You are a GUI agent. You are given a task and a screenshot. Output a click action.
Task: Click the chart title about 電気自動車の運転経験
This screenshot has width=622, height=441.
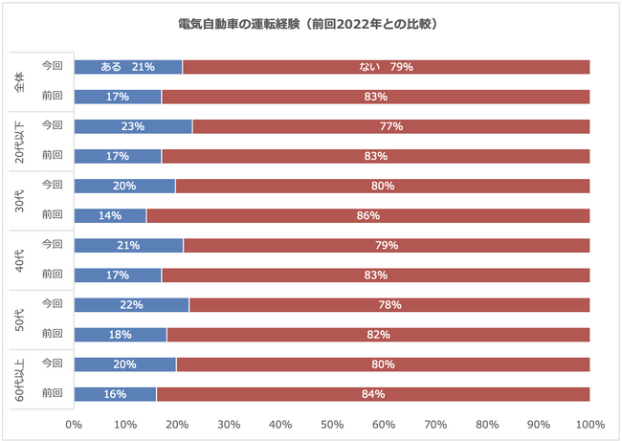(311, 22)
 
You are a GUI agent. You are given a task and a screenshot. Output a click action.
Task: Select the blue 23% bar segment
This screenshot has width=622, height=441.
(132, 126)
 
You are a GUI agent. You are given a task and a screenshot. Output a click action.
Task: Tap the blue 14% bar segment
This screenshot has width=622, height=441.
(109, 216)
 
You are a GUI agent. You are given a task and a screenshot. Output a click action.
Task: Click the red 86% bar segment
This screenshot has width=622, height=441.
(367, 216)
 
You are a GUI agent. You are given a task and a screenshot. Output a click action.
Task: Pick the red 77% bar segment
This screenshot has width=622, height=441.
(390, 126)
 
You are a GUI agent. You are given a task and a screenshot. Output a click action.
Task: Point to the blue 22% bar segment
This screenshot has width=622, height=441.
(130, 305)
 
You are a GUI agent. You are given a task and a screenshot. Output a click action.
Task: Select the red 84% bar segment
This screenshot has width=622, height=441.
(372, 394)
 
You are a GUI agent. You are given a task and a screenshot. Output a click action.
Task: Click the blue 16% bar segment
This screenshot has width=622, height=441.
(114, 394)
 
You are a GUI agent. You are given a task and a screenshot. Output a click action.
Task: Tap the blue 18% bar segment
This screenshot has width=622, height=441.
(120, 335)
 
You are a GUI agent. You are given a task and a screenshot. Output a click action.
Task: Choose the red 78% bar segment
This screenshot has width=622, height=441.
(389, 305)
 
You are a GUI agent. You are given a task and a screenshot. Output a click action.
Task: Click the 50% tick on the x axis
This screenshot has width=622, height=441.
(331, 424)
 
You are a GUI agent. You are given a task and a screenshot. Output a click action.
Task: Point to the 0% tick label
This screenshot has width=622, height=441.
(73, 424)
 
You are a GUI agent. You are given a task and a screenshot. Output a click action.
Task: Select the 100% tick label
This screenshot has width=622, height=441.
(589, 424)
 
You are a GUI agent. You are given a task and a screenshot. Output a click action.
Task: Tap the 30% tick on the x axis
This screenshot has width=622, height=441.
(228, 424)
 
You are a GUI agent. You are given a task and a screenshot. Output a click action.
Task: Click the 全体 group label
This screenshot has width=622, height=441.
(21, 81)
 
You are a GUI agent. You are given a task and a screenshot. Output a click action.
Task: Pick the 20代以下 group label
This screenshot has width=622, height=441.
(21, 141)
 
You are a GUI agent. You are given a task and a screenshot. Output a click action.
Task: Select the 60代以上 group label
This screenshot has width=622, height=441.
(21, 379)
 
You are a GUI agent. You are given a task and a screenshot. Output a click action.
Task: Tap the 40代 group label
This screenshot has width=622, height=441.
(21, 260)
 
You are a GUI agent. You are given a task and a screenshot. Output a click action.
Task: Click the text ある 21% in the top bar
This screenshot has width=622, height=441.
(127, 67)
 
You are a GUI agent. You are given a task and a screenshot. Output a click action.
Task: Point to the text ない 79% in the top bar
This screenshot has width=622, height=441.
(386, 67)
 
